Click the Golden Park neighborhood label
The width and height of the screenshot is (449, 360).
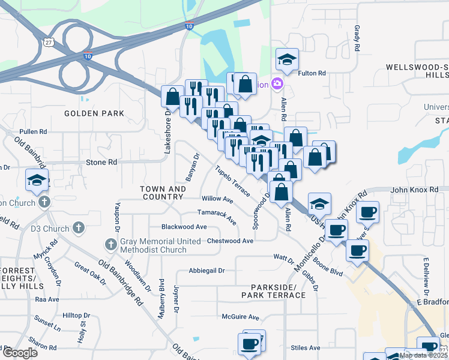(94, 113)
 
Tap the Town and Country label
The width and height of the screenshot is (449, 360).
(162, 193)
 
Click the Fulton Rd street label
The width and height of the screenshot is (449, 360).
(313, 73)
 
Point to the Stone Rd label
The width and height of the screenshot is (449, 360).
(101, 162)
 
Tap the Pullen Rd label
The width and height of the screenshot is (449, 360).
(33, 131)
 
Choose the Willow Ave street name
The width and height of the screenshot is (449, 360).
(217, 198)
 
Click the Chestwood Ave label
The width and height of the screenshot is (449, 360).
(230, 241)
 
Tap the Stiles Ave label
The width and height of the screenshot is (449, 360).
(306, 347)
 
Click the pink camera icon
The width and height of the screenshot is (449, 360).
(277, 83)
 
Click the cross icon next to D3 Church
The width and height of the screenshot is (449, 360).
(78, 227)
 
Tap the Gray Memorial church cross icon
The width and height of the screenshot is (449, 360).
(110, 244)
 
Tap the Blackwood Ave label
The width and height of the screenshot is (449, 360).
(184, 227)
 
